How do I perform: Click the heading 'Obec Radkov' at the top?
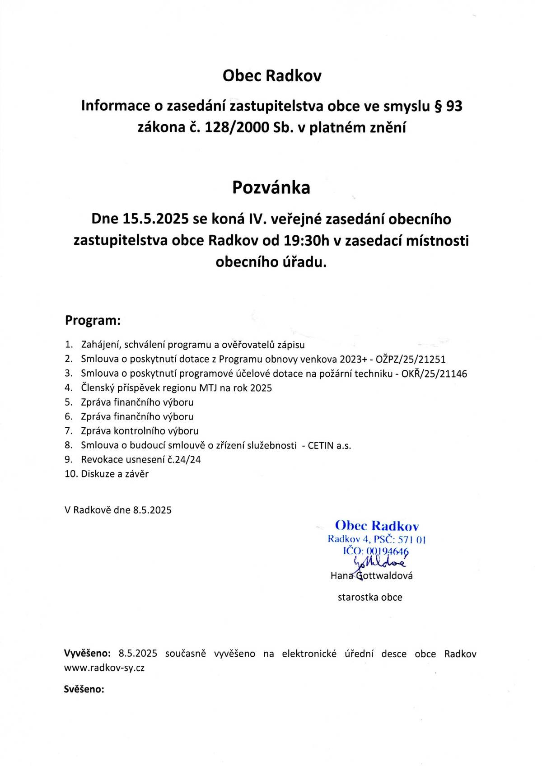[272, 76]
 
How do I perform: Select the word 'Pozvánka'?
[271, 187]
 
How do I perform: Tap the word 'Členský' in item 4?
[96, 388]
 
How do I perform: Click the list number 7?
[69, 431]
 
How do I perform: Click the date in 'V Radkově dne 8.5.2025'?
[152, 510]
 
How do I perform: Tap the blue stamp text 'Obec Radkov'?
[377, 526]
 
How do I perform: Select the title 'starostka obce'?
[370, 597]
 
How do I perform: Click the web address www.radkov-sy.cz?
[104, 668]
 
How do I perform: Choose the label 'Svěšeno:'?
[84, 690]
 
